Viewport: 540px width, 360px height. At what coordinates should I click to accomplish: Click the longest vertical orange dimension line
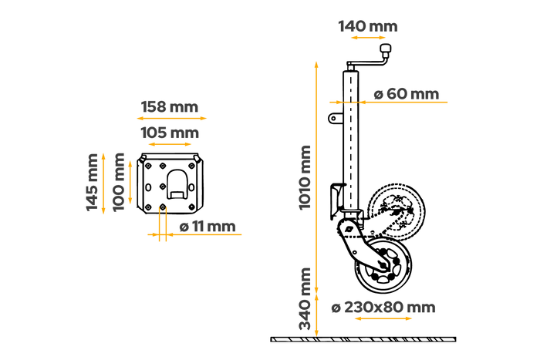click(x=316, y=177)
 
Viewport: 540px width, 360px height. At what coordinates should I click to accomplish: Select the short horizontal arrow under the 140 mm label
click(x=368, y=37)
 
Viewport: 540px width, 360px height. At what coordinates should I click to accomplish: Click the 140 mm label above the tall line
click(x=368, y=26)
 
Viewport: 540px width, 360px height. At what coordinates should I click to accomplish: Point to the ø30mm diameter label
click(x=407, y=93)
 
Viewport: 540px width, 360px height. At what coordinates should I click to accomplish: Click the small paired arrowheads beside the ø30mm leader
click(x=349, y=102)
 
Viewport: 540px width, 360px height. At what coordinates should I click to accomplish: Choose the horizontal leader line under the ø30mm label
click(x=409, y=102)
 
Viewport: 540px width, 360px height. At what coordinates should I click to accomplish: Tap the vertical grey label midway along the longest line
click(x=305, y=177)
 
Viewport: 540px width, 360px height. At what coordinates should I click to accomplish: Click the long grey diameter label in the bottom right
click(x=383, y=307)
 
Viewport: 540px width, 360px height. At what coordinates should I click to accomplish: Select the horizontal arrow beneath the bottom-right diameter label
click(x=383, y=318)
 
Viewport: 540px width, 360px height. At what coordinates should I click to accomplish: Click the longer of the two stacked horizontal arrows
click(x=171, y=118)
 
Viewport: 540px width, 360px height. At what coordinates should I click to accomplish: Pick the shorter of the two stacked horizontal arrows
click(x=170, y=143)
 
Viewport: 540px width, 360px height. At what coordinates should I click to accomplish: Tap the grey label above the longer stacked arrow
click(x=170, y=107)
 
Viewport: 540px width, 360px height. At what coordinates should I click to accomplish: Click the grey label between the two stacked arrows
click(x=170, y=133)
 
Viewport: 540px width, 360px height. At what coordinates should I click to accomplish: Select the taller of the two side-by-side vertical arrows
click(x=103, y=183)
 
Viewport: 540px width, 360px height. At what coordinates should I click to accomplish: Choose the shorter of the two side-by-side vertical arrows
click(x=130, y=182)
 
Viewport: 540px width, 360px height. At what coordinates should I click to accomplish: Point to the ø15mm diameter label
click(x=208, y=225)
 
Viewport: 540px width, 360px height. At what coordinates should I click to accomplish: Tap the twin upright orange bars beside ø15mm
click(x=163, y=227)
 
